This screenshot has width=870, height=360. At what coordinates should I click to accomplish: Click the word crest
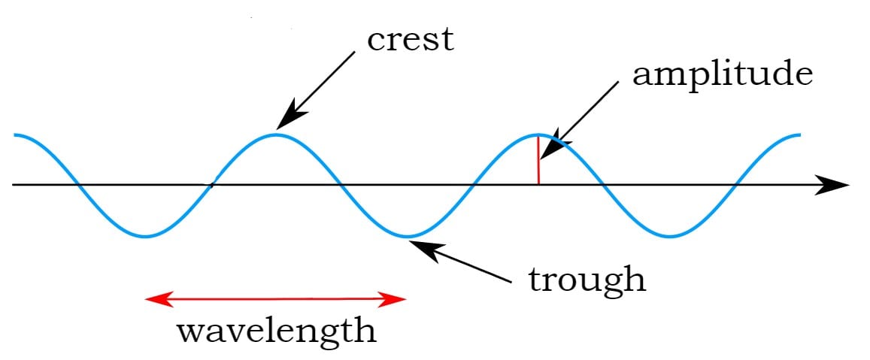(x=410, y=40)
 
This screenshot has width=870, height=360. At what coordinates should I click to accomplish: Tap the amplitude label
(x=722, y=75)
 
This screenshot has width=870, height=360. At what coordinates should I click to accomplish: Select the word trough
(x=587, y=280)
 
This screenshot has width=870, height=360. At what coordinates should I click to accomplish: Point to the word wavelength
(x=276, y=330)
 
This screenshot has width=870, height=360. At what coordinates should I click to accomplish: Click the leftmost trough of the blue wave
(x=146, y=237)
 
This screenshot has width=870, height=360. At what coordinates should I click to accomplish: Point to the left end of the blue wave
(x=15, y=135)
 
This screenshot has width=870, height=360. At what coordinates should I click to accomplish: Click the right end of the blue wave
(x=799, y=135)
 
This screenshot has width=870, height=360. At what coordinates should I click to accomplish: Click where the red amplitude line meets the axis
(x=538, y=184)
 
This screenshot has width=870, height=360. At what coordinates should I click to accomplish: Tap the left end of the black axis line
(x=14, y=184)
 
